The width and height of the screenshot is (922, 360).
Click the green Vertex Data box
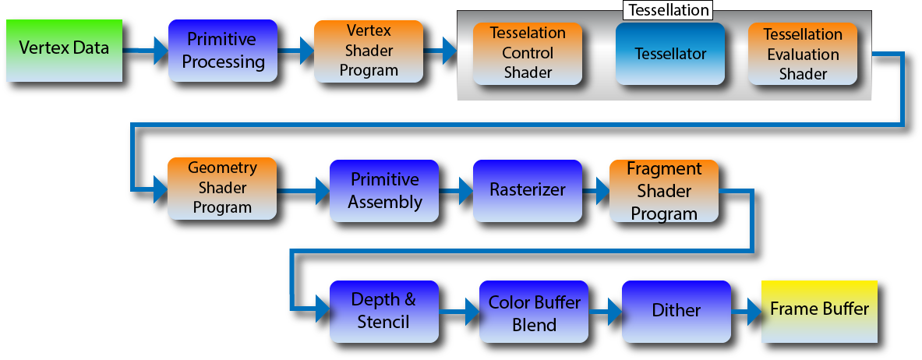click(x=65, y=51)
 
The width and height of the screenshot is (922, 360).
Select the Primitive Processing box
click(x=223, y=51)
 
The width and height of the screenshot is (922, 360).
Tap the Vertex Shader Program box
click(x=369, y=51)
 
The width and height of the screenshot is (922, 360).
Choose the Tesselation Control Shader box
click(x=528, y=54)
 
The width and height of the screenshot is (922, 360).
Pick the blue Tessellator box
click(x=670, y=54)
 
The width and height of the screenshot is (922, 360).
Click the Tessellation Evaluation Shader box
click(x=803, y=54)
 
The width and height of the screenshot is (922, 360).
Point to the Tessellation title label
click(x=669, y=10)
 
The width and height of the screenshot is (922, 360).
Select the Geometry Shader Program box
click(x=222, y=189)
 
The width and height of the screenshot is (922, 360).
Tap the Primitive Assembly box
click(x=384, y=191)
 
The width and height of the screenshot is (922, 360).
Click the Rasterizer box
click(x=528, y=191)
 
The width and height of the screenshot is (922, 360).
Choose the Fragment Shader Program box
click(x=664, y=191)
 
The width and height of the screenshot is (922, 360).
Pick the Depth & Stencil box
click(x=384, y=311)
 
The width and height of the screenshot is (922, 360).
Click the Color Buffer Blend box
click(x=534, y=311)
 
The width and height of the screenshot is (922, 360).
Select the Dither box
click(x=676, y=311)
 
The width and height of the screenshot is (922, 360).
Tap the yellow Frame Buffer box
click(x=819, y=311)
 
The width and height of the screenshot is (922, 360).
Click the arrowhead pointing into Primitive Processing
click(x=161, y=51)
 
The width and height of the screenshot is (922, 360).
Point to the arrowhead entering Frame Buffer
click(x=754, y=311)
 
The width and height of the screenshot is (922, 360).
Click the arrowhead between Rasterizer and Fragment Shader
click(x=602, y=191)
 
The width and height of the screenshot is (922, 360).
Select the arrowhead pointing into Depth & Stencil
click(x=323, y=309)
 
